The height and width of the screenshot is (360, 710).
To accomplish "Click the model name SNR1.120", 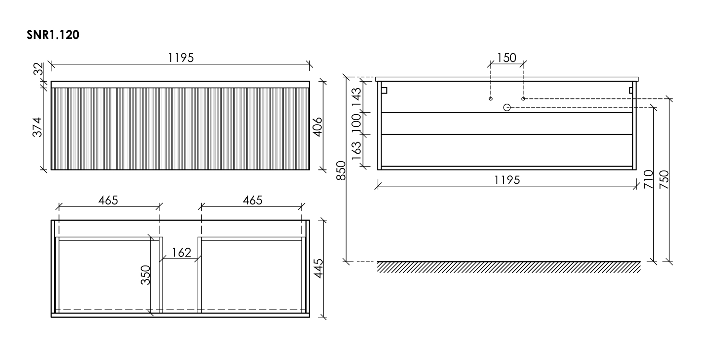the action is coord(53,35).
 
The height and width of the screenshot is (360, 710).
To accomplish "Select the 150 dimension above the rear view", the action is coord(506,58).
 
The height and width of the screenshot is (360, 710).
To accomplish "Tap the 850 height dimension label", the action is coord(341,170).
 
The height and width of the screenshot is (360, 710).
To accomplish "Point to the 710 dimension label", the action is coord(649,180).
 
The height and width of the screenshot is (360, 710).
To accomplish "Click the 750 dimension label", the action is coord(664,180).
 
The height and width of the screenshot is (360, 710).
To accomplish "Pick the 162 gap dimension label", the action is coord(181,252).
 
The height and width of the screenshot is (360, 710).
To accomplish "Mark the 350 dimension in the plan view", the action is coord(145,275).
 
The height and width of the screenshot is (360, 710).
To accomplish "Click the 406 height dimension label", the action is coord(317,127).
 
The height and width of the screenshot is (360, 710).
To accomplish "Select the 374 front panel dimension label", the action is coord(37,127).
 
